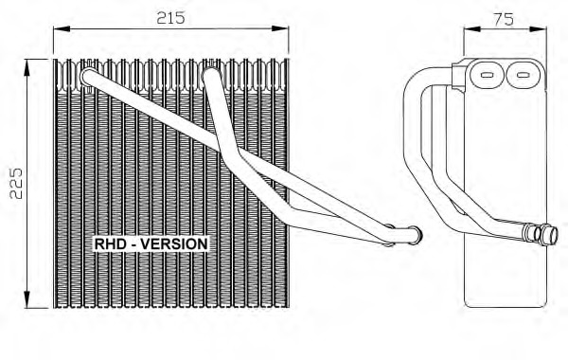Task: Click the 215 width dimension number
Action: pyautogui.click(x=170, y=17)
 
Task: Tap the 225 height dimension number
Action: pyautogui.click(x=16, y=183)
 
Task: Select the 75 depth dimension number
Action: pyautogui.click(x=504, y=19)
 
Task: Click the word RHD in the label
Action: pyautogui.click(x=111, y=244)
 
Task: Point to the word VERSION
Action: pyautogui.click(x=174, y=244)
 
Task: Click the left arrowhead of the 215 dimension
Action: pyautogui.click(x=62, y=28)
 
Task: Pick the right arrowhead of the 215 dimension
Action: pyautogui.click(x=280, y=28)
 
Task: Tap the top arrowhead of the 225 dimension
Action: pyautogui.click(x=27, y=67)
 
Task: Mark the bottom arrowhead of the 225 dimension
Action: pyautogui.click(x=27, y=299)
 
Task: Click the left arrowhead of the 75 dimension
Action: pyautogui.click(x=472, y=29)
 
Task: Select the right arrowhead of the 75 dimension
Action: pyautogui.click(x=538, y=29)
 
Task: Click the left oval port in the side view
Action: pyautogui.click(x=487, y=75)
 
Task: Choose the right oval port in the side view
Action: pyautogui.click(x=523, y=75)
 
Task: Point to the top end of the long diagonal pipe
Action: pyautogui.click(x=89, y=76)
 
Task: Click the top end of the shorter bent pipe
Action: pyautogui.click(x=210, y=75)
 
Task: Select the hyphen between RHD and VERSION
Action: pyautogui.click(x=133, y=244)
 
